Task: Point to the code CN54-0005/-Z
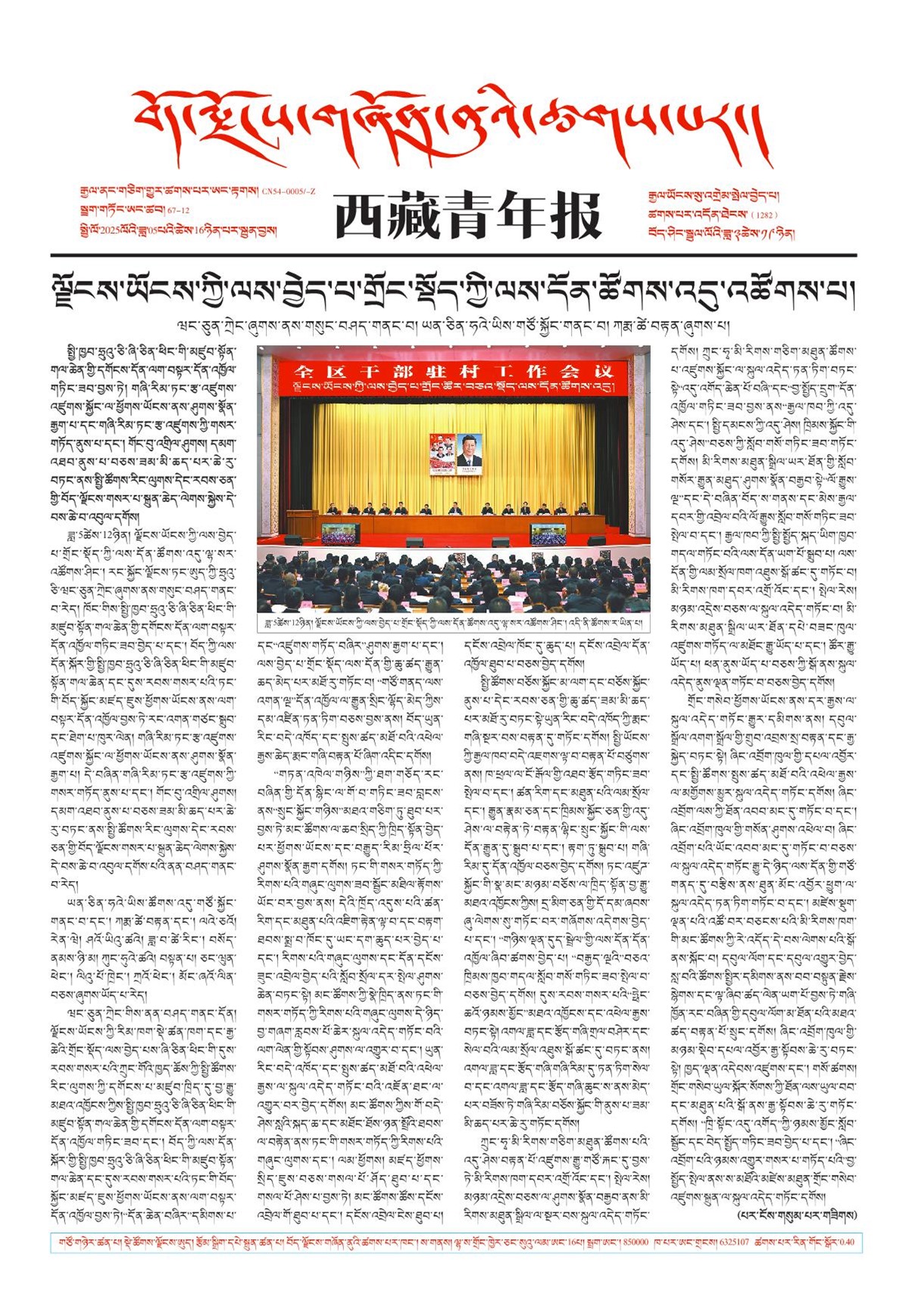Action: (289, 192)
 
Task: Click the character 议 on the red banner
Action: (603, 371)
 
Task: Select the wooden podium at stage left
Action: (302, 523)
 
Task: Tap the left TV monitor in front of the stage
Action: (341, 533)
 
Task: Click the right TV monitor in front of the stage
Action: (548, 533)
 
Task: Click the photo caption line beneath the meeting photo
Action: (453, 622)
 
